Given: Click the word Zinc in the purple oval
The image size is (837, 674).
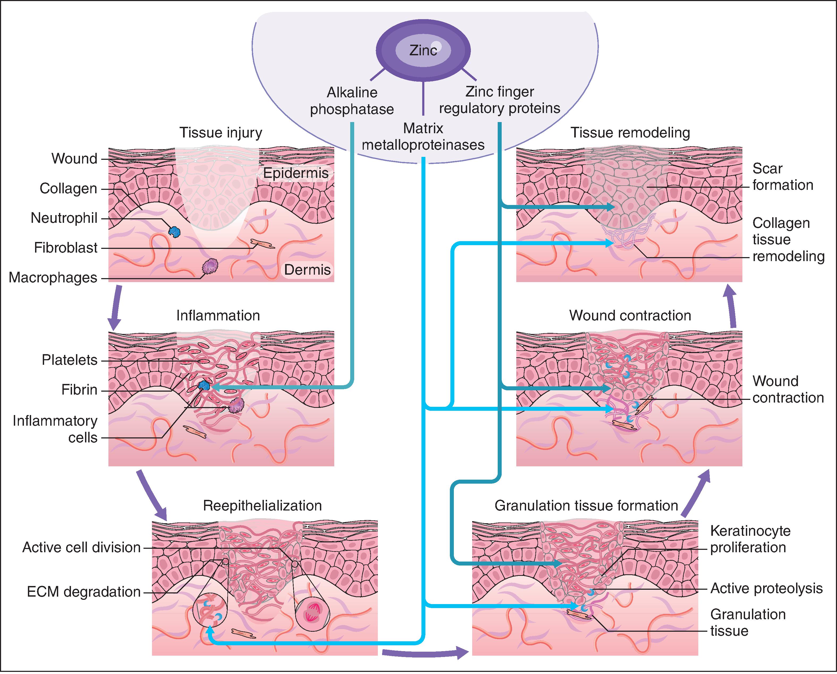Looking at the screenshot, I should [x=423, y=50].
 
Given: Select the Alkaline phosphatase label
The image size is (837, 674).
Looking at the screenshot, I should [x=352, y=101].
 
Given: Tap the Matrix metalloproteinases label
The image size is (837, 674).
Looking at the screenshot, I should [x=423, y=137].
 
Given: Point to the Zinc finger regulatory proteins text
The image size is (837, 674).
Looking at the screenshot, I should [x=500, y=100].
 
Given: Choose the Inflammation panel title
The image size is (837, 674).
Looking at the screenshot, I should [x=218, y=315].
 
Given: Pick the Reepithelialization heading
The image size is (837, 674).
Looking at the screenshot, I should [x=263, y=505].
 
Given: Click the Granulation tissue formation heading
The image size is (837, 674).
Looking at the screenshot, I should [x=586, y=505].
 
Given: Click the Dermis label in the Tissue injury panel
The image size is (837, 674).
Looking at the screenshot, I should [x=307, y=270].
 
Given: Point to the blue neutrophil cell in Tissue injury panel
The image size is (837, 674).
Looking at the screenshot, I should [x=174, y=232].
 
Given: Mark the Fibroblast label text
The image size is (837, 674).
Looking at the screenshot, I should [x=66, y=248].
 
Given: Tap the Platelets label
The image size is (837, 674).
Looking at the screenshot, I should [x=70, y=360].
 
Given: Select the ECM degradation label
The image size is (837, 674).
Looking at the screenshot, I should [x=83, y=592].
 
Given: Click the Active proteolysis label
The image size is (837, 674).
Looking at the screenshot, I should [x=766, y=589].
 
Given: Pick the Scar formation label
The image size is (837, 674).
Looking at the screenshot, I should [x=782, y=177].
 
